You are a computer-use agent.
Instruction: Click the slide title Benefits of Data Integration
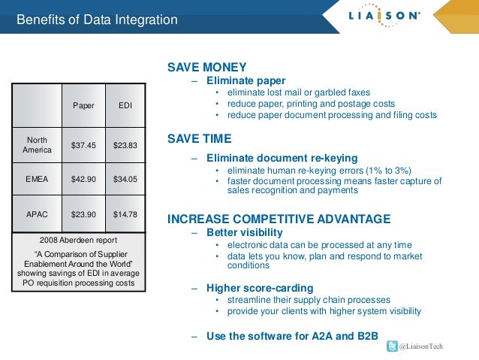(97, 20)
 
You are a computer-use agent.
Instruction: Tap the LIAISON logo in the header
(383, 17)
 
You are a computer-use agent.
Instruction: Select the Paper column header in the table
(83, 106)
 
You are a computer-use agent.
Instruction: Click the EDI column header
(125, 106)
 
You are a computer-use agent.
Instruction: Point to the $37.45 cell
(83, 145)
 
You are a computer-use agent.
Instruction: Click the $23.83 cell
(125, 145)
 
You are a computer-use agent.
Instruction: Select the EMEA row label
(38, 180)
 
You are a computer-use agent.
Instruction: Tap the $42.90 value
(83, 180)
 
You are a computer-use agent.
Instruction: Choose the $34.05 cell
(125, 180)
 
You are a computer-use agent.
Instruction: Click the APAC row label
(38, 214)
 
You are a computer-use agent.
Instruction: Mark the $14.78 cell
(125, 214)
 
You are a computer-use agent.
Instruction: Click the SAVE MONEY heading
(206, 68)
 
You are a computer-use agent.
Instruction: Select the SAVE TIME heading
(199, 139)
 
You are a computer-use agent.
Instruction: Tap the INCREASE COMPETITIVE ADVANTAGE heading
(279, 219)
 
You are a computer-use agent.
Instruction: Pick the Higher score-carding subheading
(260, 288)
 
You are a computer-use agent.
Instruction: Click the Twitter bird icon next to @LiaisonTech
(391, 346)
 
